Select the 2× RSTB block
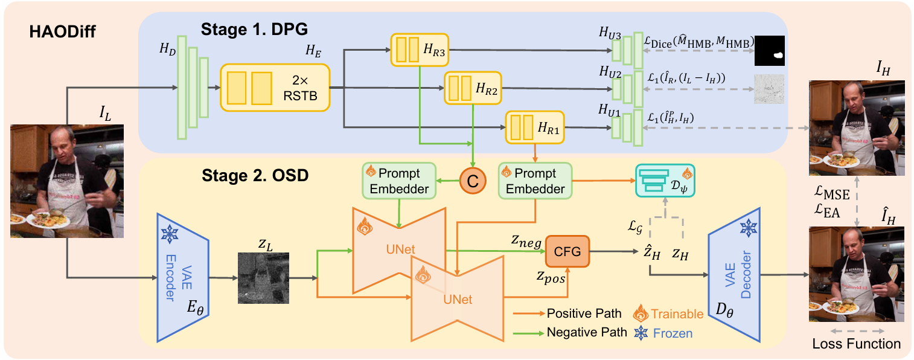point(275,87)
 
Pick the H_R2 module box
point(473,88)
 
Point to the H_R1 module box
point(534,127)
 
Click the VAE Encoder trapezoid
point(182,277)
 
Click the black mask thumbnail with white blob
point(770,50)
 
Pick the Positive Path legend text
point(583,314)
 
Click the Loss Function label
point(856,344)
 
